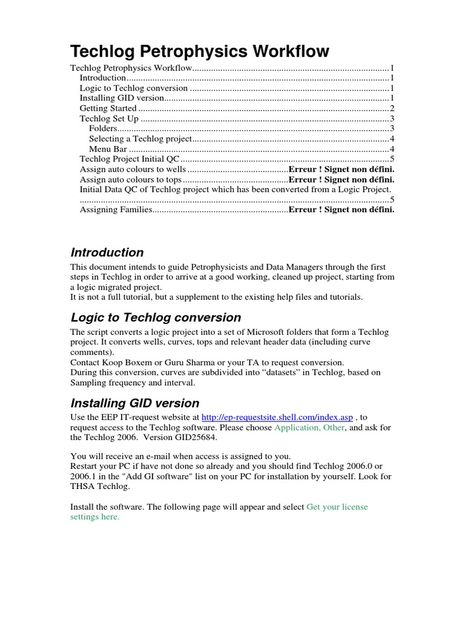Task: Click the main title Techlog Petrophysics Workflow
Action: pyautogui.click(x=200, y=51)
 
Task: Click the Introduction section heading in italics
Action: pyautogui.click(x=107, y=253)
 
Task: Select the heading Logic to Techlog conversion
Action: pyautogui.click(x=156, y=317)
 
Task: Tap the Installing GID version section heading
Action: pyautogui.click(x=134, y=403)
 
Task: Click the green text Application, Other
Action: pyautogui.click(x=310, y=427)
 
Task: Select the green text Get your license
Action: pyautogui.click(x=337, y=507)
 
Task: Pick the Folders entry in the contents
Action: pyautogui.click(x=102, y=129)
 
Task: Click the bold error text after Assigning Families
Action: pyautogui.click(x=341, y=210)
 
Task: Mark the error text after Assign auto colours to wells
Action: pyautogui.click(x=341, y=169)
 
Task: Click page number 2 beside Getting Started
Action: pyautogui.click(x=392, y=108)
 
